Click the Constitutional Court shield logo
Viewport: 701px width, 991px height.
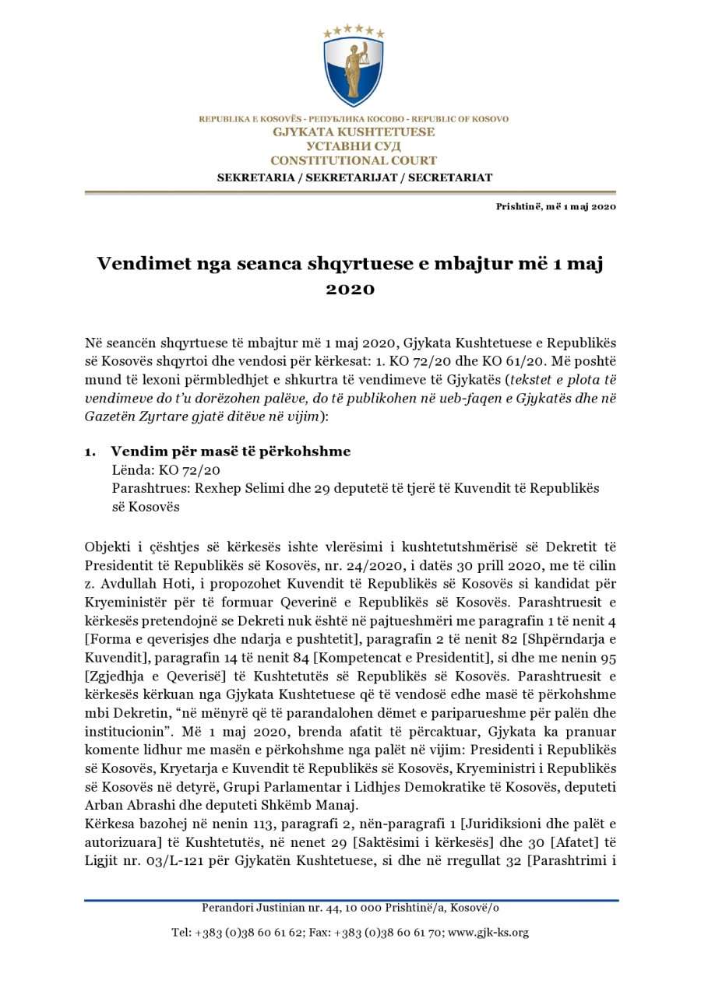(354, 69)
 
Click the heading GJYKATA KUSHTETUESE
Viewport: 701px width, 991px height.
(354, 132)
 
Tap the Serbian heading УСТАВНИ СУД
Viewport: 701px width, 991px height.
(354, 146)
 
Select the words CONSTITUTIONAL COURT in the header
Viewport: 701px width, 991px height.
(354, 160)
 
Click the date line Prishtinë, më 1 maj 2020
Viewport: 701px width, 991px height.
(555, 206)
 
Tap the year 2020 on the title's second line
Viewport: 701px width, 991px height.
(350, 290)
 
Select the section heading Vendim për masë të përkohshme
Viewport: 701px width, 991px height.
(231, 452)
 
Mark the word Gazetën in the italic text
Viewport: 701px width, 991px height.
(110, 417)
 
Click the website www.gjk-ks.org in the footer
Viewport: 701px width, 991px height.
(488, 933)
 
